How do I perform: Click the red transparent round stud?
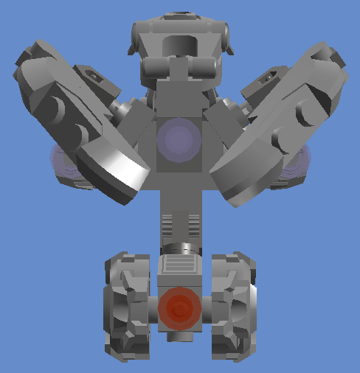(x=179, y=309)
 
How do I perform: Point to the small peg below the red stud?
(x=179, y=336)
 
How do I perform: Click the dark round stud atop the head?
(x=179, y=15)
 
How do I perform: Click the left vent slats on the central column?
(x=167, y=220)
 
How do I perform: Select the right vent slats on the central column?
(x=194, y=220)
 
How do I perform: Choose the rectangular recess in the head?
(x=179, y=44)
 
